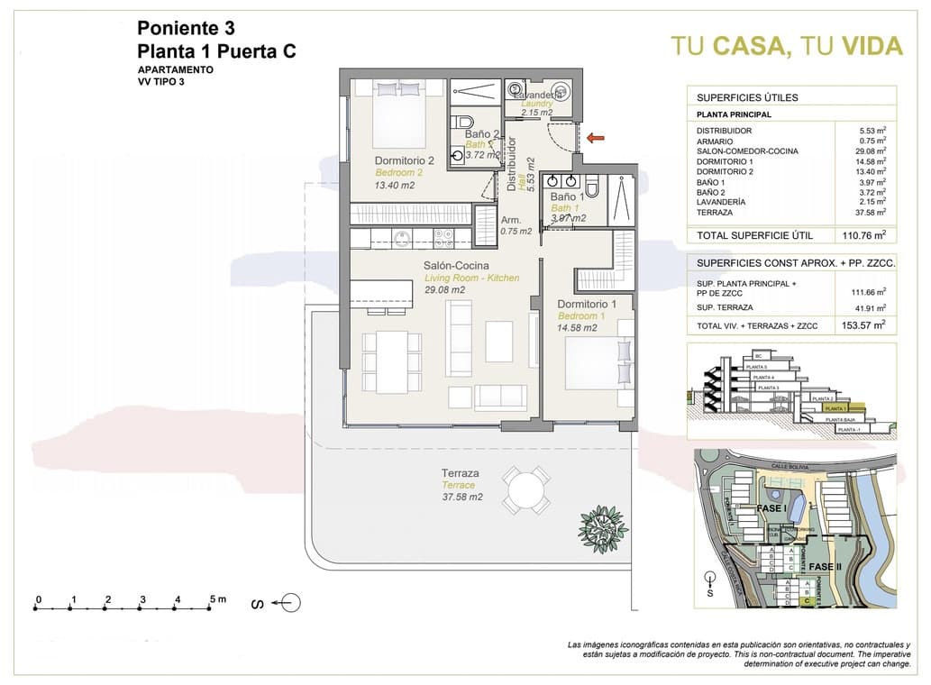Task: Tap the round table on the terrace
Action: (x=526, y=490)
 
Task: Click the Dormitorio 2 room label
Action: (x=405, y=161)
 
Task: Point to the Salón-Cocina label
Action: (x=456, y=266)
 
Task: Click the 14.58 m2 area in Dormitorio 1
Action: (x=577, y=328)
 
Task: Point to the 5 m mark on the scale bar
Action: (x=213, y=599)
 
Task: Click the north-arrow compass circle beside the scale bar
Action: (x=290, y=602)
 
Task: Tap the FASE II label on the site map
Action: (x=826, y=566)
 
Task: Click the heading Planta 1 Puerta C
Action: (x=216, y=51)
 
